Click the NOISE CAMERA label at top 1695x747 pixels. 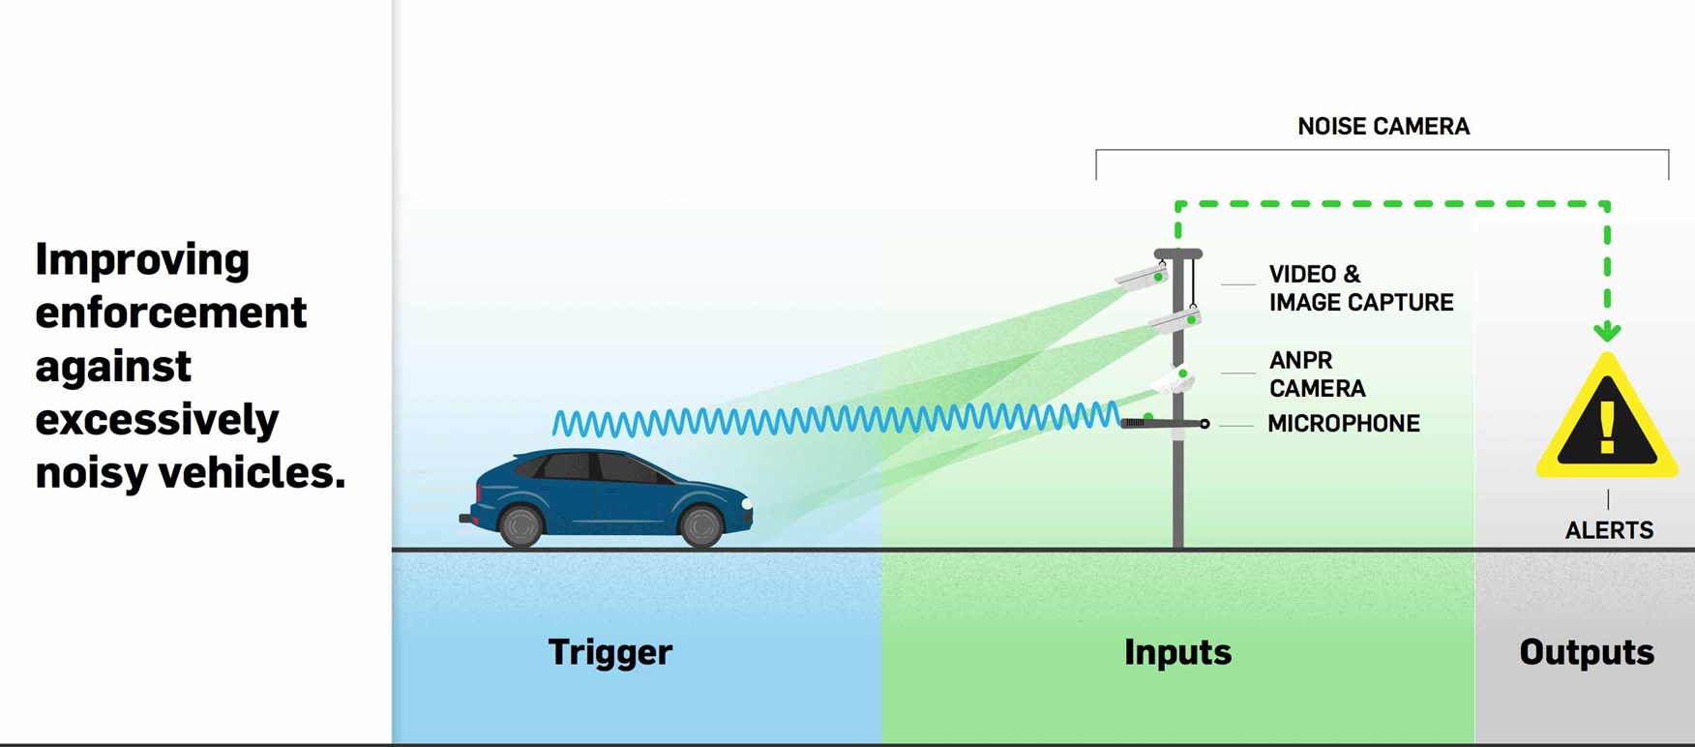(x=1383, y=127)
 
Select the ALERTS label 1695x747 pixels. (x=1609, y=530)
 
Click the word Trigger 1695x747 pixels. (x=610, y=652)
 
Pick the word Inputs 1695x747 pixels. (x=1177, y=652)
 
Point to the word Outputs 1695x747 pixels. (x=1586, y=652)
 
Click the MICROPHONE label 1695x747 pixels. (x=1343, y=424)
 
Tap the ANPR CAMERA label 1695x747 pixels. (x=1316, y=374)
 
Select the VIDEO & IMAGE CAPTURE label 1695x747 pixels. (x=1359, y=288)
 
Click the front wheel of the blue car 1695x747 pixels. (x=700, y=524)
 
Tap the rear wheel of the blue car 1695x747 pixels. (x=520, y=524)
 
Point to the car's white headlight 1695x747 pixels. (x=746, y=502)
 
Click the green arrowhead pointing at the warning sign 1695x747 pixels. (x=1607, y=332)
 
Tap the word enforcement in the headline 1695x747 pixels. (x=170, y=314)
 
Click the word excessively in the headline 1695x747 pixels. (x=157, y=420)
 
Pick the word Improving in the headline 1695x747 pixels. (x=142, y=260)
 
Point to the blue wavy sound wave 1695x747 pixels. (x=832, y=419)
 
